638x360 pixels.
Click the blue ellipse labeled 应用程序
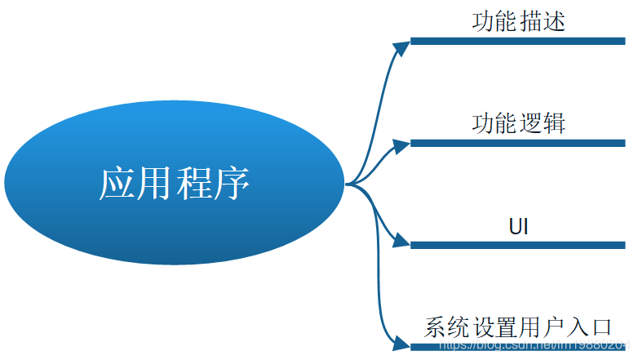click(x=174, y=183)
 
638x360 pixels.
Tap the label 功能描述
click(x=518, y=22)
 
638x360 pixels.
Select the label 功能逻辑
click(x=518, y=124)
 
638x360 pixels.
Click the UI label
click(x=518, y=226)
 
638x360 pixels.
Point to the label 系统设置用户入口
click(x=518, y=328)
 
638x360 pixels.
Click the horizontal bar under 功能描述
click(x=517, y=41)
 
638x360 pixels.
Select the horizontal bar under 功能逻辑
click(x=517, y=143)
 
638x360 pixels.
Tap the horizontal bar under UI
click(x=517, y=245)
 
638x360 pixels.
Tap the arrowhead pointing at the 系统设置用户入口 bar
click(x=401, y=343)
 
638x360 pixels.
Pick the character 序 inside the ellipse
click(x=231, y=184)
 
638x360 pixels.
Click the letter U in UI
click(x=512, y=226)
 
